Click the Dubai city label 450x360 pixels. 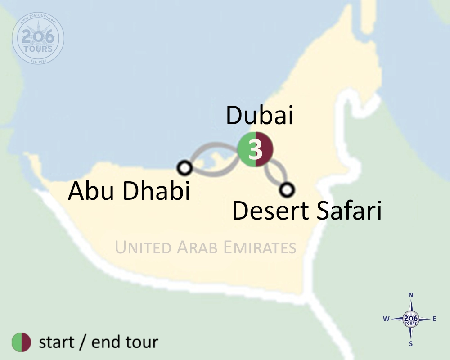pos(260,116)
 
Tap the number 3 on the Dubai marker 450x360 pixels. pos(256,150)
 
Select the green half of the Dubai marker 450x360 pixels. pos(245,150)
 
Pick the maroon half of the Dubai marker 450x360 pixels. pos(266,150)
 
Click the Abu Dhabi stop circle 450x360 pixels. pos(184,168)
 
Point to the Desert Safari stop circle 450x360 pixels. pos(286,189)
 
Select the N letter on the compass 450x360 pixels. pos(410,295)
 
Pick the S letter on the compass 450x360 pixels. pos(410,344)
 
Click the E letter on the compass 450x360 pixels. pos(434,319)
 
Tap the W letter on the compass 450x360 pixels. pos(386,319)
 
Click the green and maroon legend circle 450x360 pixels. pos(21,342)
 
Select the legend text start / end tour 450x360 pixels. pos(99,342)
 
